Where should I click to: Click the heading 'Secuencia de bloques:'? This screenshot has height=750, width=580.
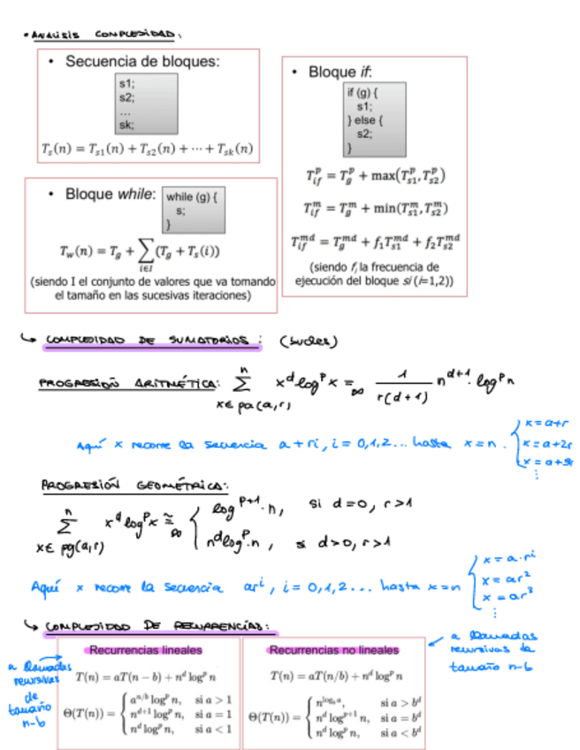(x=142, y=61)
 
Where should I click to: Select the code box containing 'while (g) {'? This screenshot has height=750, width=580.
(x=192, y=210)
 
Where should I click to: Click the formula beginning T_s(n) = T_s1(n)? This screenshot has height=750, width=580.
(x=148, y=149)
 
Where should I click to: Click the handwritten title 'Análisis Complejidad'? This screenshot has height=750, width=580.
(x=101, y=35)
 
